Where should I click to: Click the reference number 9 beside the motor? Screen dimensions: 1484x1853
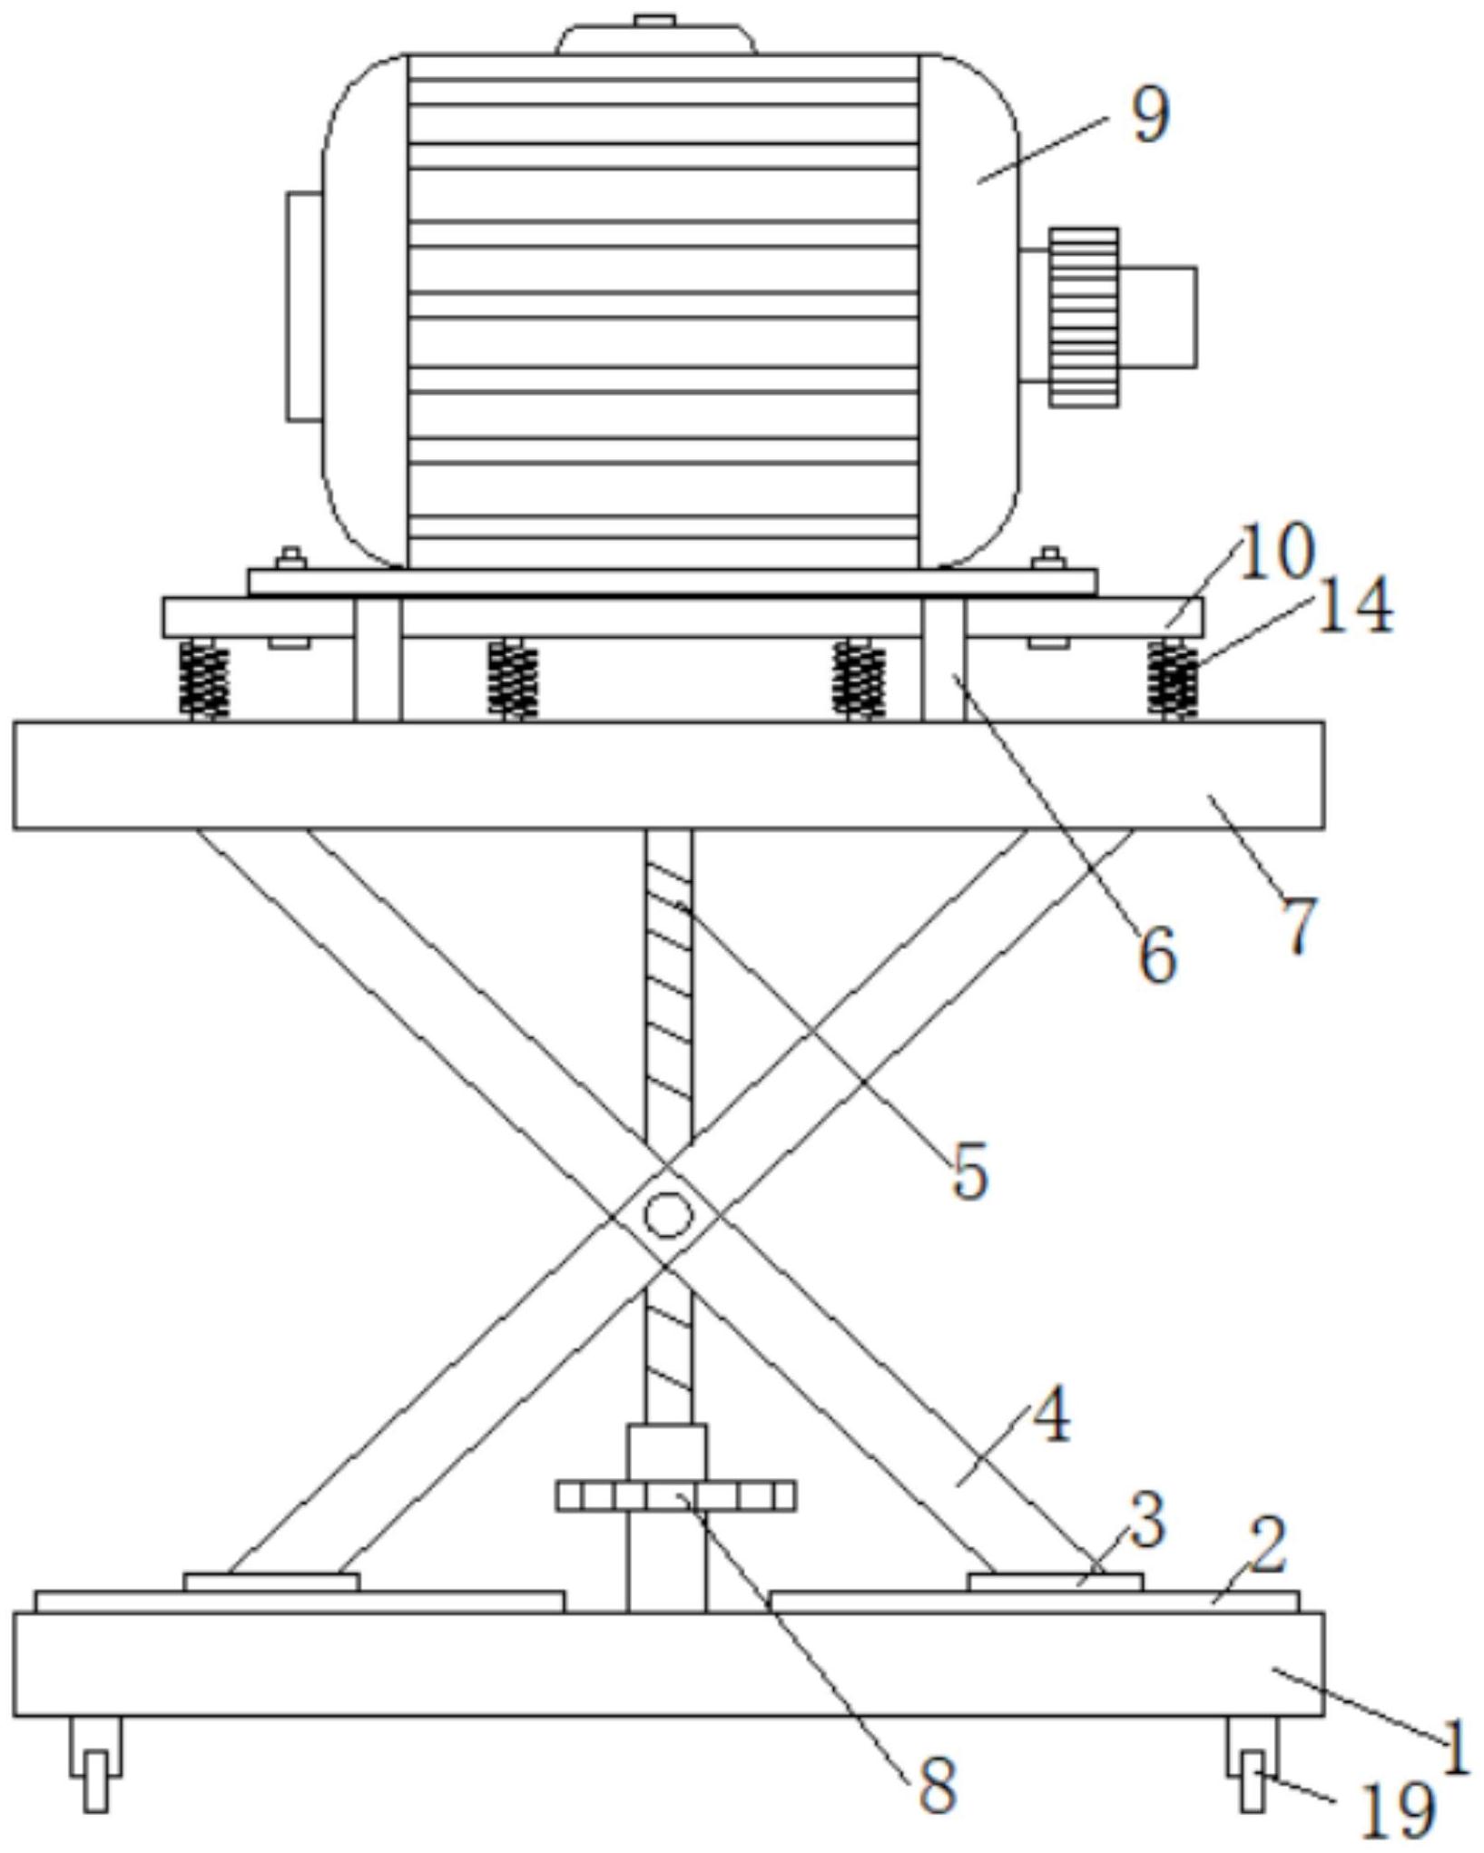pyautogui.click(x=1152, y=116)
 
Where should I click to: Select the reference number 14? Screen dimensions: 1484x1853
pyautogui.click(x=1353, y=605)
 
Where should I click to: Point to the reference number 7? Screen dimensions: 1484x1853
pyautogui.click(x=1301, y=924)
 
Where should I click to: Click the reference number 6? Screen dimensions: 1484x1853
pyautogui.click(x=1158, y=955)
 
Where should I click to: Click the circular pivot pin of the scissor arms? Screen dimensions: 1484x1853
pyautogui.click(x=669, y=1215)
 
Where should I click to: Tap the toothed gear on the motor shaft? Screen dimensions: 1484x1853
pyautogui.click(x=1084, y=317)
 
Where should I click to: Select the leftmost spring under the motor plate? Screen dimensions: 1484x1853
pyautogui.click(x=204, y=679)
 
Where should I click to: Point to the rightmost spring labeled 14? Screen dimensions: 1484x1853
pyautogui.click(x=1173, y=679)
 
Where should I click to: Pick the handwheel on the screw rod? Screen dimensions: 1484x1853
pyautogui.click(x=676, y=1495)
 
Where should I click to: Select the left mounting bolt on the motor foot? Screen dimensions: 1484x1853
pyautogui.click(x=290, y=559)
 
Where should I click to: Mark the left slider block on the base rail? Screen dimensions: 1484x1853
pyautogui.click(x=271, y=1582)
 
